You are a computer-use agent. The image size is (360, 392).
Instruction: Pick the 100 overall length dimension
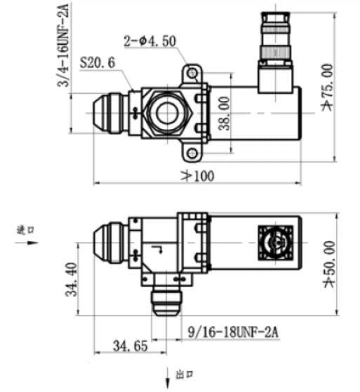point(199,175)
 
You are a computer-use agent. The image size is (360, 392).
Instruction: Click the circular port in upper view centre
point(168,112)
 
